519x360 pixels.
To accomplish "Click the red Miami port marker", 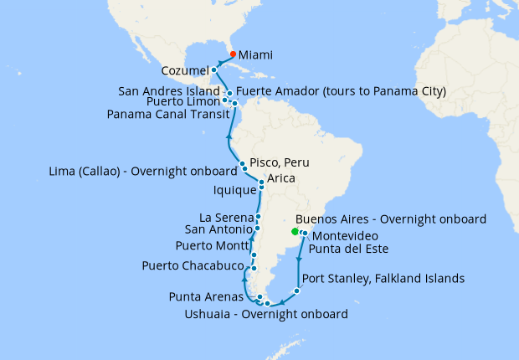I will tap(233, 54).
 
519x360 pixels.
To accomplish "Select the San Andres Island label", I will tap(170, 91).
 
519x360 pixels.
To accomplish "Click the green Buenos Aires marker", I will tap(294, 232).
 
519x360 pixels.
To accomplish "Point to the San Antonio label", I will tap(218, 229).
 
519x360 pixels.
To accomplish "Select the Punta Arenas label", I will tap(207, 296).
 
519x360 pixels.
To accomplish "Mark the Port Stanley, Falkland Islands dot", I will tap(295, 291).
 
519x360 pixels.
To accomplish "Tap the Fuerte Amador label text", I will tap(341, 90).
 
